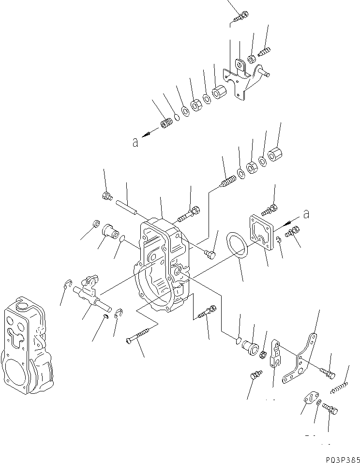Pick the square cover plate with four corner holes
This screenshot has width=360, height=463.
pyautogui.click(x=264, y=231)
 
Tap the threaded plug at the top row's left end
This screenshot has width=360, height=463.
pyautogui.click(x=167, y=124)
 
